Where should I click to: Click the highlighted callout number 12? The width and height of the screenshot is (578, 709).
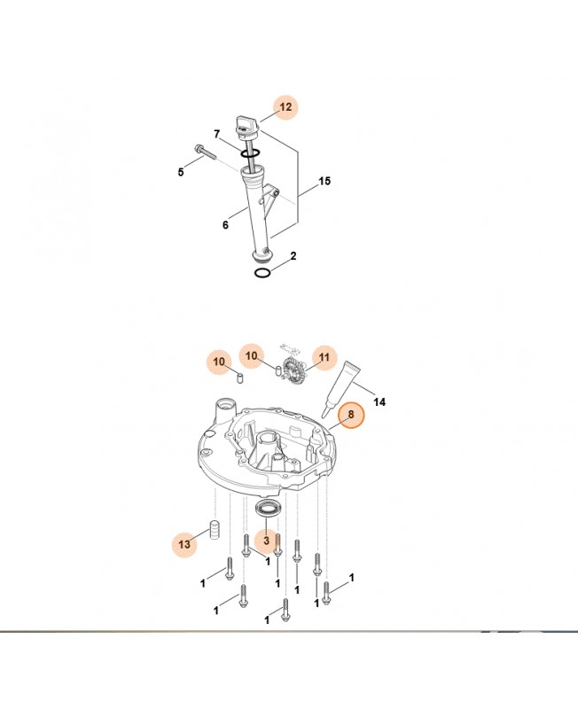coord(285,107)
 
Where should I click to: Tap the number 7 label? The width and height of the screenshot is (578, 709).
coord(216,135)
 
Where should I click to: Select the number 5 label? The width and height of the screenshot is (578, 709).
coord(181,171)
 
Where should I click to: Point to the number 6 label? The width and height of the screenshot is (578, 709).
coord(225,225)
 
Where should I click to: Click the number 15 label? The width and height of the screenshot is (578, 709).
coord(324,181)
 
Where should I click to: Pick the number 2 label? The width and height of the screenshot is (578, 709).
coord(293,256)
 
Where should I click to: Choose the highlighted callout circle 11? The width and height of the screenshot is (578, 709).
coord(324,357)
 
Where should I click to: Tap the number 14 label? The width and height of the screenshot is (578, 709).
coord(380,401)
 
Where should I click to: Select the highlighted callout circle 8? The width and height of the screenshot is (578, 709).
coord(350,414)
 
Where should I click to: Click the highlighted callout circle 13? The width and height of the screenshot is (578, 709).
coord(184,545)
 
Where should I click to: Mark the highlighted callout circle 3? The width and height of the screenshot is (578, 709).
coord(264,540)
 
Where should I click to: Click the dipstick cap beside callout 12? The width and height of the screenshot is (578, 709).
coord(246,124)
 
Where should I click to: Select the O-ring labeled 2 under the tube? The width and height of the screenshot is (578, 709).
coord(262,273)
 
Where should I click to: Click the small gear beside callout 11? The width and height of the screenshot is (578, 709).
coord(295,372)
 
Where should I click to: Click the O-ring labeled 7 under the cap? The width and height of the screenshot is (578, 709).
coord(251,153)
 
